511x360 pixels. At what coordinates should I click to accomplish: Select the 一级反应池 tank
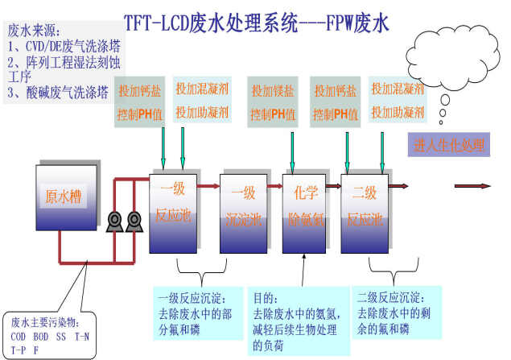(172, 208)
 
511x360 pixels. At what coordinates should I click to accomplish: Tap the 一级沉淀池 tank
(242, 208)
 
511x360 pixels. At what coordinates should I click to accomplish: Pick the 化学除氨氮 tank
(305, 208)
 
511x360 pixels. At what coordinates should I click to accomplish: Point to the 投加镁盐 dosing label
(272, 90)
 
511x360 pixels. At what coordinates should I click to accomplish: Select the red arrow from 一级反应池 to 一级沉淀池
(208, 186)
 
